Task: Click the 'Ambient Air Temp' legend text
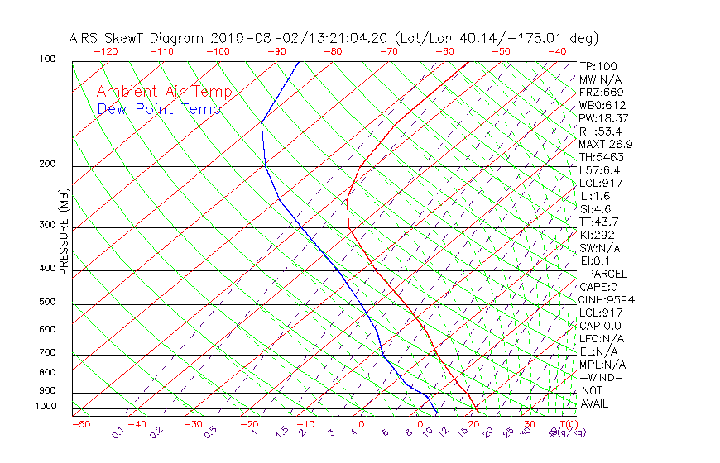click(165, 92)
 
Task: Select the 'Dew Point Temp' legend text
click(159, 109)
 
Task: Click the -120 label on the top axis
click(106, 51)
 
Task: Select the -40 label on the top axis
click(558, 51)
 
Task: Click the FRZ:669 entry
click(602, 92)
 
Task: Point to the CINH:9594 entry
click(607, 299)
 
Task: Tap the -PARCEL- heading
click(607, 274)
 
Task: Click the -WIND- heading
click(602, 377)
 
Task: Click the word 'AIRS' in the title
click(84, 39)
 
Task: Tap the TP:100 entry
click(598, 66)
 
